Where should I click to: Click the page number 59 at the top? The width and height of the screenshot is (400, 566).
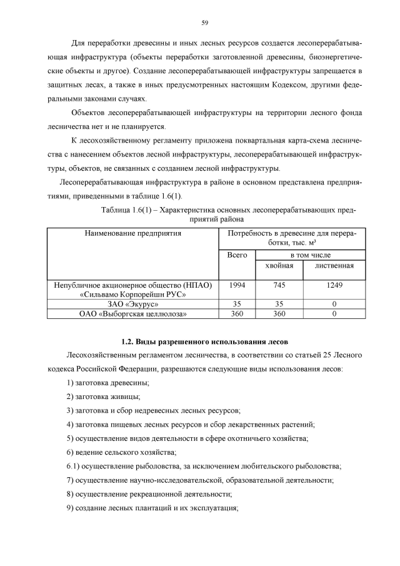tap(204, 23)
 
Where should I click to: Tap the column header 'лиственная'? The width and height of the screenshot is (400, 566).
tap(334, 266)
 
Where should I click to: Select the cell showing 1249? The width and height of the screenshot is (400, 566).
tap(334, 285)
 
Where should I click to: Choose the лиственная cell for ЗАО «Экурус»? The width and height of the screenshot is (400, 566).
tap(334, 304)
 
